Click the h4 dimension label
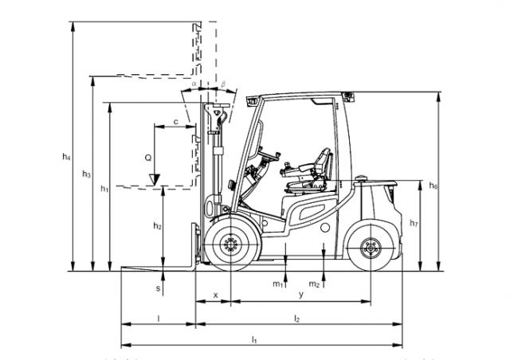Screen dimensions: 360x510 pyautogui.click(x=67, y=157)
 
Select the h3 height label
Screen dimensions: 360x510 pyautogui.click(x=86, y=174)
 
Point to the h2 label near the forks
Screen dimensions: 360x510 pyautogui.click(x=157, y=227)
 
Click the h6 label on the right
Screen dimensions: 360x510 pyautogui.click(x=433, y=186)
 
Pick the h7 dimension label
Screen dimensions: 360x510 pyautogui.click(x=414, y=224)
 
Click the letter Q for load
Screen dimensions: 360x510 pyautogui.click(x=148, y=158)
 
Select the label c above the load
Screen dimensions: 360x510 pyautogui.click(x=175, y=121)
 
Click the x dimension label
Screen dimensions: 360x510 pyautogui.click(x=216, y=295)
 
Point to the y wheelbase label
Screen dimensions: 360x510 pyautogui.click(x=300, y=295)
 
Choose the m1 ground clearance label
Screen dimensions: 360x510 pyautogui.click(x=278, y=284)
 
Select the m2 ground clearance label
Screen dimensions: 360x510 pyautogui.click(x=315, y=284)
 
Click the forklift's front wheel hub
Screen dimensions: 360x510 pyautogui.click(x=231, y=248)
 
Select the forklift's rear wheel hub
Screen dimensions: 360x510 pyautogui.click(x=370, y=249)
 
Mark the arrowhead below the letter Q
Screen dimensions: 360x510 pyautogui.click(x=156, y=176)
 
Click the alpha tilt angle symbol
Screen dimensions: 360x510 pyautogui.click(x=194, y=81)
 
